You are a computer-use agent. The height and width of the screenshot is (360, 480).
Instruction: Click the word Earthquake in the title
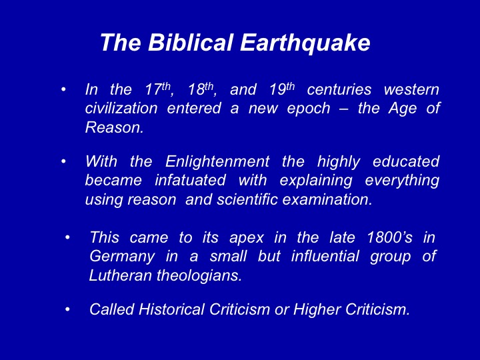tap(305, 43)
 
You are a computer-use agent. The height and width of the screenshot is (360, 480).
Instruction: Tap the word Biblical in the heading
tap(191, 42)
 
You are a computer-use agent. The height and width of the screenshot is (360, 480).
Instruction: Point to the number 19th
tap(282, 89)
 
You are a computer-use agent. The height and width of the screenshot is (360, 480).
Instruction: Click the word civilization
tap(121, 108)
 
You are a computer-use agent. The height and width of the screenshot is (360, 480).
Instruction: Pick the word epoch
tap(309, 109)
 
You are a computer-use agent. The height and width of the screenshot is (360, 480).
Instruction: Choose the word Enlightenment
tap(217, 161)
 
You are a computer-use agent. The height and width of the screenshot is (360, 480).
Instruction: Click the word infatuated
tap(191, 180)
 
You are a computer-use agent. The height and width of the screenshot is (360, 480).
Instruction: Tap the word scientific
tap(247, 199)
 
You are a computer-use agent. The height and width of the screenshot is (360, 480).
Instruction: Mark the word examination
tap(327, 199)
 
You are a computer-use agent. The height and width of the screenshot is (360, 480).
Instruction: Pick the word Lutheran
tap(121, 275)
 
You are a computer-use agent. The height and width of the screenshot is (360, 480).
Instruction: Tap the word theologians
tap(199, 276)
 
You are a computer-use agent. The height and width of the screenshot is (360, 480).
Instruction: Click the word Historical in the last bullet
tap(171, 309)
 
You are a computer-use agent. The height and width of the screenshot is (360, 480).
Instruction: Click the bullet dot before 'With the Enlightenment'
tap(63, 161)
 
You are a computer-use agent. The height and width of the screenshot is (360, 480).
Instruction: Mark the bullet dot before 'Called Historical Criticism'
tap(67, 309)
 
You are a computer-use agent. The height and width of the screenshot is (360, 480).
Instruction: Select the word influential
tap(325, 256)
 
